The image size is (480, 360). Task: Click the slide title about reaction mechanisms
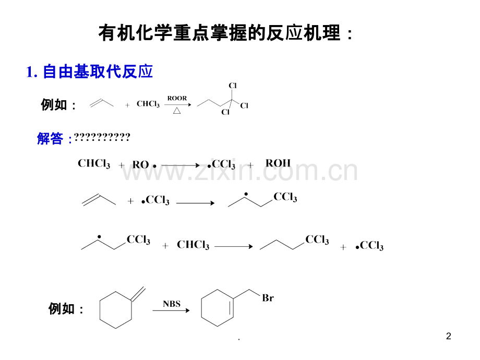(x=225, y=33)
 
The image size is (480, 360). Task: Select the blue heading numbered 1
(x=89, y=71)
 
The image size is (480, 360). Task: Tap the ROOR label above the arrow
(x=177, y=98)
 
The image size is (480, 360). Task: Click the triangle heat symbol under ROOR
(x=177, y=111)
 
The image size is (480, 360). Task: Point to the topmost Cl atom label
(x=233, y=86)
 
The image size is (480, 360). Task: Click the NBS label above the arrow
(x=172, y=304)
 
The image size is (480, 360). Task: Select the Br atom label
(x=268, y=298)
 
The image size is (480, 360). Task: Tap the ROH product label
(x=278, y=163)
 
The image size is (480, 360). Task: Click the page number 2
(x=449, y=336)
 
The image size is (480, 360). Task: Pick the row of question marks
(x=102, y=137)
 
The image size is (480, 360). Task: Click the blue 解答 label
(x=50, y=138)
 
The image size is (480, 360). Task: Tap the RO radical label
(x=144, y=165)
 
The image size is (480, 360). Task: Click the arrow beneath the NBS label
(x=171, y=310)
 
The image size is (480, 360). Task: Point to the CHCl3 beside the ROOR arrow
(x=148, y=104)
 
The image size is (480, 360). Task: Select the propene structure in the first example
(x=101, y=103)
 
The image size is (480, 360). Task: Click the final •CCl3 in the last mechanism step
(x=369, y=246)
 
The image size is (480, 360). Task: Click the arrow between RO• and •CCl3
(x=181, y=165)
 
